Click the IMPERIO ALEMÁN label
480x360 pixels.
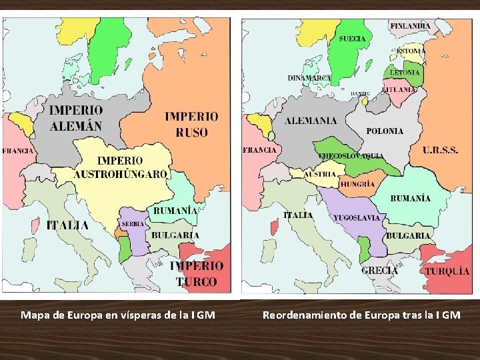coord(76,118)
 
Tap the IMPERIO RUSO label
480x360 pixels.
coord(191,124)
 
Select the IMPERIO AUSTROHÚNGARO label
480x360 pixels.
coord(121,167)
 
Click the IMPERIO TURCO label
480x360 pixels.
coord(197,273)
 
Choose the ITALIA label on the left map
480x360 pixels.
coord(67,225)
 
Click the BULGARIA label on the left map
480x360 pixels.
coord(175,235)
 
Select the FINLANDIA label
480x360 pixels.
coord(410,26)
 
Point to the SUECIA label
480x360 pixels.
coord(352,39)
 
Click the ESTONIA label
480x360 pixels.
coord(411,51)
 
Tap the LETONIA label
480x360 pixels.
coord(405,72)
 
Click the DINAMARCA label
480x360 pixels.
coord(309,78)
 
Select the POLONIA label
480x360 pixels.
coord(385,131)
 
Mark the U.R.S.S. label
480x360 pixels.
coord(440,151)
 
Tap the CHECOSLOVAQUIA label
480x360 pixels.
coord(351,156)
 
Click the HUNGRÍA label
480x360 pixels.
coord(358,184)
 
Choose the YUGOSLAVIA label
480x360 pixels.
coord(357,217)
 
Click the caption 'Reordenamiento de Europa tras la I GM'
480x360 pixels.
coord(361,315)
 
